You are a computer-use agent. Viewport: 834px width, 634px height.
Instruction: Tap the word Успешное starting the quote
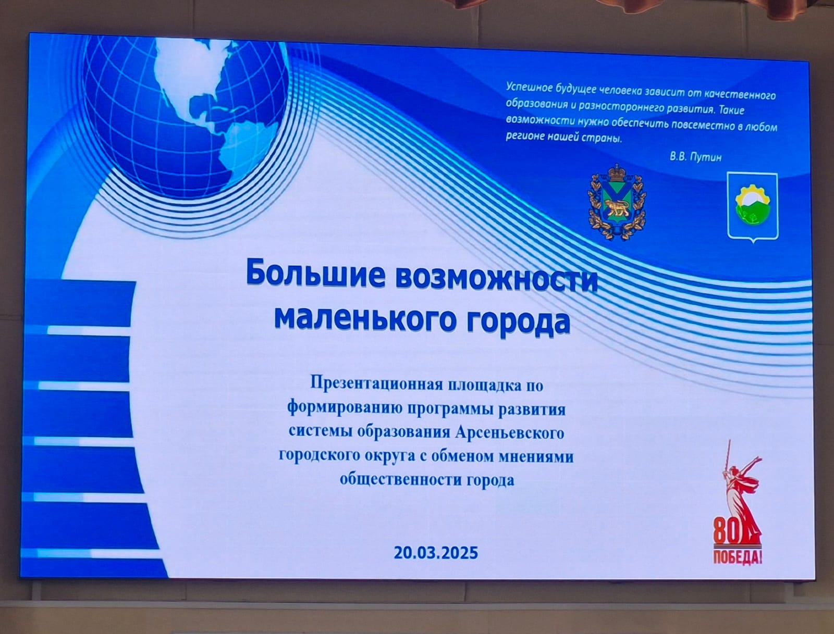point(528,88)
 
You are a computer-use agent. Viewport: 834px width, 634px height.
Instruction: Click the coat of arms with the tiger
point(617,202)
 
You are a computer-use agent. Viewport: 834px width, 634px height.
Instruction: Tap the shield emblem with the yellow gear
point(753,207)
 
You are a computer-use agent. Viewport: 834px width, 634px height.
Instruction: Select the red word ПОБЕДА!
point(737,557)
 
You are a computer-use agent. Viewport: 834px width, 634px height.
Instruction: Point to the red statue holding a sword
point(741,493)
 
